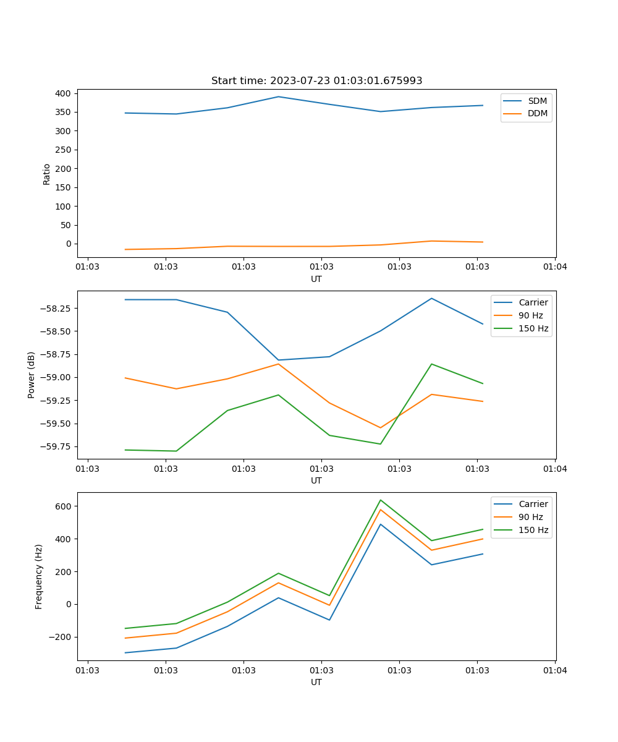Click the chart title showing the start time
[x=316, y=81]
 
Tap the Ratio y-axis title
[x=47, y=174]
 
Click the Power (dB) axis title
[x=32, y=375]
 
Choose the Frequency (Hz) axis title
[x=39, y=576]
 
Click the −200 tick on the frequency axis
[x=61, y=638]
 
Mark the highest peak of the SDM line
[x=278, y=96]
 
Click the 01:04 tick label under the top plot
[x=554, y=267]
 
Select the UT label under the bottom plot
[x=316, y=682]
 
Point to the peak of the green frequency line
[x=381, y=500]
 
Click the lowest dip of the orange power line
[x=381, y=428]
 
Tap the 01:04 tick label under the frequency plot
[x=554, y=670]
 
